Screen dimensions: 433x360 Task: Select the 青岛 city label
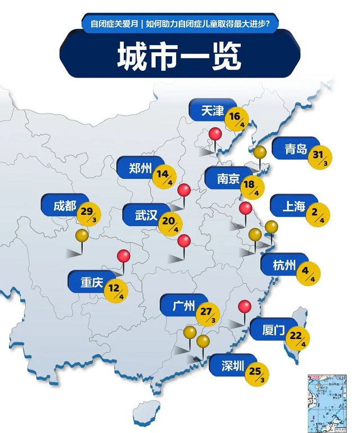click(295, 149)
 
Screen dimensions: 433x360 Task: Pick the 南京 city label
click(228, 179)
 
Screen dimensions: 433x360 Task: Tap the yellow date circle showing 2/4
click(318, 214)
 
